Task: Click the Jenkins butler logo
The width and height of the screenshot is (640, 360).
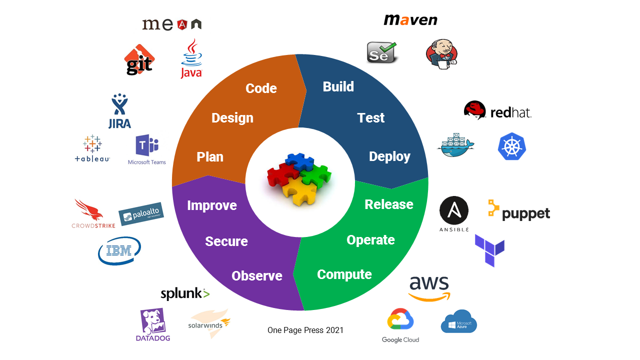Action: (x=441, y=54)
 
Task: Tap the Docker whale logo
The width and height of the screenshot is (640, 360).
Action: (x=455, y=145)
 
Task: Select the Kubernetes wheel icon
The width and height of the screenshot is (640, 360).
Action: (x=512, y=146)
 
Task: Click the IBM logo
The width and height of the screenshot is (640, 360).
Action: (x=119, y=250)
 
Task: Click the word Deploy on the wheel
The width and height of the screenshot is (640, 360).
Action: (x=389, y=156)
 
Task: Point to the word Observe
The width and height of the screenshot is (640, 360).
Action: (x=257, y=275)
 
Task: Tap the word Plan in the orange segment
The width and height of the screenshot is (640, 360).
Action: (x=210, y=156)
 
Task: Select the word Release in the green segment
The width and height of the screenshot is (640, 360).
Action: (x=389, y=204)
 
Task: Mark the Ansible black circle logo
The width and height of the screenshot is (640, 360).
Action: (x=454, y=210)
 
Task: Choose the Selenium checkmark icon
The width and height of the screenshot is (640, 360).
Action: (x=382, y=52)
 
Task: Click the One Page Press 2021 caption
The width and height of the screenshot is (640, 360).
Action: (x=305, y=330)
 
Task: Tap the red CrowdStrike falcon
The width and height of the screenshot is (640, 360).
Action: (x=89, y=210)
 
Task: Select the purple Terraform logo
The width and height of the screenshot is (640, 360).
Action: (x=489, y=249)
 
